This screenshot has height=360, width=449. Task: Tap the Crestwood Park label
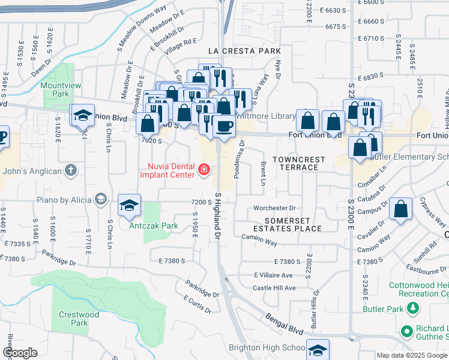point(79,319)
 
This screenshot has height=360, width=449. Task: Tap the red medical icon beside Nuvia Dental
point(204,171)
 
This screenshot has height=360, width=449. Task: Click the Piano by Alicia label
point(67,199)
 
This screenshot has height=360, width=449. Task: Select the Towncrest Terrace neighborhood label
point(298,163)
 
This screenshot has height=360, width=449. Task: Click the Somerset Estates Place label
point(287,224)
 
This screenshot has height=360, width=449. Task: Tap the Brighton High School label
point(267,348)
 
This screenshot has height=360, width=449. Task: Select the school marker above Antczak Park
point(129,206)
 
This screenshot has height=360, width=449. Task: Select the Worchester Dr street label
point(276,208)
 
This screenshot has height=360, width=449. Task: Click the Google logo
point(21,353)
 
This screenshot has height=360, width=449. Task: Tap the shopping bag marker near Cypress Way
point(400,209)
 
